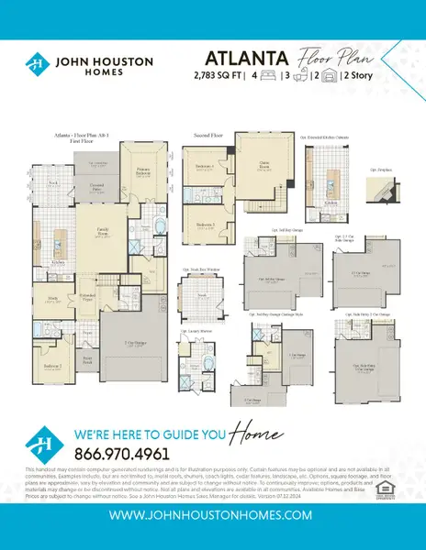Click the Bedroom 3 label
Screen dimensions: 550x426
[205, 223]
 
